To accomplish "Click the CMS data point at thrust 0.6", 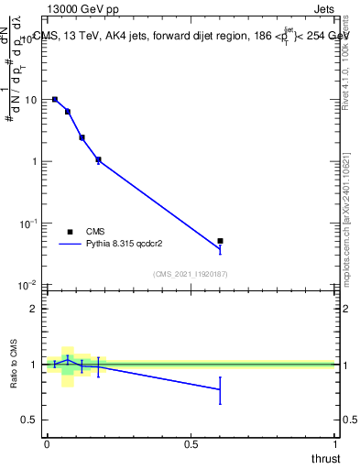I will tap(220, 241).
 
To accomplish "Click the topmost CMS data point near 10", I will tap(55, 99).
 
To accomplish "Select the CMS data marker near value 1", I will tap(98, 159).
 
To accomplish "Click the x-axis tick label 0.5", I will tap(191, 444).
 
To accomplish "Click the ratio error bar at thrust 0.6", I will tap(220, 389).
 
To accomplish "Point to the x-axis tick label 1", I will tap(336, 444).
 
